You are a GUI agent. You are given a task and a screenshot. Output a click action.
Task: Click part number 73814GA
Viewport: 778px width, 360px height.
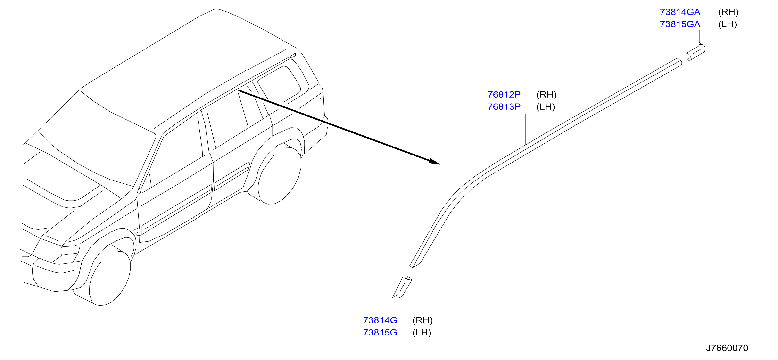[x=680, y=12]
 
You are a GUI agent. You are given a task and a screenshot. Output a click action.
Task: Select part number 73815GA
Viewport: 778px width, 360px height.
[x=680, y=24]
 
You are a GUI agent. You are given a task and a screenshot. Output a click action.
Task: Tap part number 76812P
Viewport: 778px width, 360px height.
[x=504, y=95]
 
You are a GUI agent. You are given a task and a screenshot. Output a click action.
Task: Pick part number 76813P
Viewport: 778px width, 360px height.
[x=504, y=106]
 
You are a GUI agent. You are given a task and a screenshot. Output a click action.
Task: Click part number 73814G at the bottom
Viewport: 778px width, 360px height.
[x=380, y=320]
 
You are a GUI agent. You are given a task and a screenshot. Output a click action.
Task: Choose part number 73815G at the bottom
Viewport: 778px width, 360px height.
[x=380, y=333]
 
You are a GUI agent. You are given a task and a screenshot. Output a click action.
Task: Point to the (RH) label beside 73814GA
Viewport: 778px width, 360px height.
[x=728, y=12]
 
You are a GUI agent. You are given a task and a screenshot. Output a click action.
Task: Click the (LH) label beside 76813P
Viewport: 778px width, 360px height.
[x=546, y=106]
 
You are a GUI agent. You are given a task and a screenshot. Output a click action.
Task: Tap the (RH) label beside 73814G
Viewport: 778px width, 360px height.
[x=422, y=320]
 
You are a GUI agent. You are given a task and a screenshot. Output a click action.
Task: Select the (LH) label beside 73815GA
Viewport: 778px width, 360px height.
[x=727, y=24]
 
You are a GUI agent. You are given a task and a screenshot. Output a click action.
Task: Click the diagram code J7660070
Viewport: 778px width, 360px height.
[x=727, y=348]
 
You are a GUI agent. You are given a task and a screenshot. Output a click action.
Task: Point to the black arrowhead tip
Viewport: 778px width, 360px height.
[x=440, y=164]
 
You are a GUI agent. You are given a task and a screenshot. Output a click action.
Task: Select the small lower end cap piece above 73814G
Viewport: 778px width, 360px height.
[x=402, y=287]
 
